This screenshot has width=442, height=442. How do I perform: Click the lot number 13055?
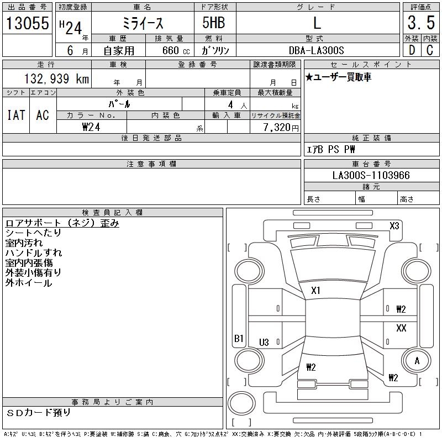tap(28, 23)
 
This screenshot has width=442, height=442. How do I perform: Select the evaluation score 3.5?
tap(421, 23)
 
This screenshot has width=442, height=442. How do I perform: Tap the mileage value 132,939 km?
tap(56, 78)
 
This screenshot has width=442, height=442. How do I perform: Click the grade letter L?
tap(317, 23)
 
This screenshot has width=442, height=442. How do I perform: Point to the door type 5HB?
tap(214, 23)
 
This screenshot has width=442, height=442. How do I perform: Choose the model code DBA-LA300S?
tap(316, 50)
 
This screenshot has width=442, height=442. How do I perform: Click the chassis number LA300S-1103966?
tap(371, 175)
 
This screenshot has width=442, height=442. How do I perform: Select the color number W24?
tap(91, 127)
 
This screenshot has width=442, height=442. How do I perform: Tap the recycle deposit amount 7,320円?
tap(281, 128)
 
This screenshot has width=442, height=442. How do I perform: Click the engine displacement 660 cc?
tap(176, 50)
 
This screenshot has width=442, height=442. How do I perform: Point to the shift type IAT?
tap(16, 115)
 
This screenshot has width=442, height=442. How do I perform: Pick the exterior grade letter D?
tap(412, 50)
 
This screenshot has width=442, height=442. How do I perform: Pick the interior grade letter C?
tap(430, 50)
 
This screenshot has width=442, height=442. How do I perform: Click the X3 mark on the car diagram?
tap(394, 226)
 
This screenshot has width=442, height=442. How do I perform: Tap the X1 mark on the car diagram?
tap(315, 291)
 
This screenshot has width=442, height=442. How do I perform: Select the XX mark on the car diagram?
tap(401, 328)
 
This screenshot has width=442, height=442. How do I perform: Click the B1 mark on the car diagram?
tap(239, 338)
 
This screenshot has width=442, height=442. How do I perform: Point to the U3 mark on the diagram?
tap(264, 342)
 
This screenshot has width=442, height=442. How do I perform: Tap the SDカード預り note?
tap(38, 413)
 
